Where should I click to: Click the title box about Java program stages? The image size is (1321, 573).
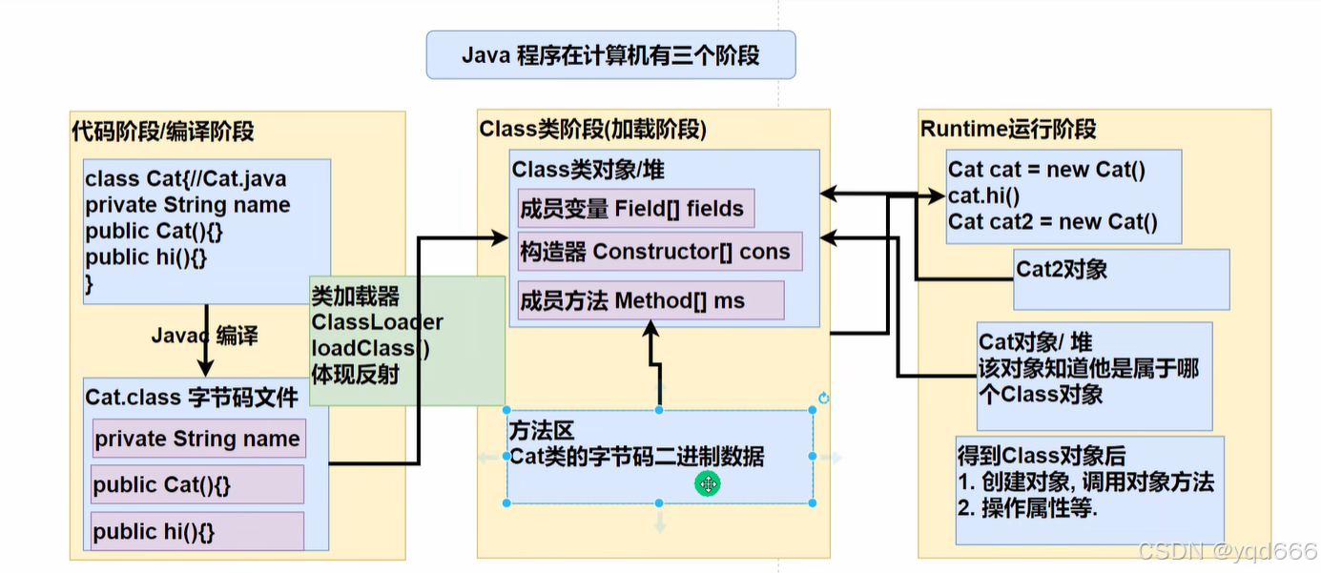pos(610,54)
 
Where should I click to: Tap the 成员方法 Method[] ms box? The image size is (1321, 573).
pos(650,300)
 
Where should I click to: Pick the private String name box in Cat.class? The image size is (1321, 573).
pos(198,439)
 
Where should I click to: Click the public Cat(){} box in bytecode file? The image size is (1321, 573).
pos(197,484)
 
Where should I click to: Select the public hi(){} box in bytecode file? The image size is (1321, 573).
pos(197,531)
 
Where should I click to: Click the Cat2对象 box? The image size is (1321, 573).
pos(1122,279)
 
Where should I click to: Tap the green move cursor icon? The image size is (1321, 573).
pos(708,484)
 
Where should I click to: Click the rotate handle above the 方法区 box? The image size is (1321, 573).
pos(824,399)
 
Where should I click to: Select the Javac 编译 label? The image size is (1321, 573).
pos(204,336)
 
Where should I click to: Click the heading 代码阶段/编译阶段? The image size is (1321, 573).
pos(163,131)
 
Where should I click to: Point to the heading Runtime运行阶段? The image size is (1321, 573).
pos(1008,129)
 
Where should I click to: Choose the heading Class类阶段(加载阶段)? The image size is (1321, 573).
pos(592,129)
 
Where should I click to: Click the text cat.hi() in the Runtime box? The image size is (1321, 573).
pos(984,196)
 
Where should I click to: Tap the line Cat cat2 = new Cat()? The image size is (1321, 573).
pos(1052,223)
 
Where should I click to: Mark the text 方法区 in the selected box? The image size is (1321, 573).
pos(541,432)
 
